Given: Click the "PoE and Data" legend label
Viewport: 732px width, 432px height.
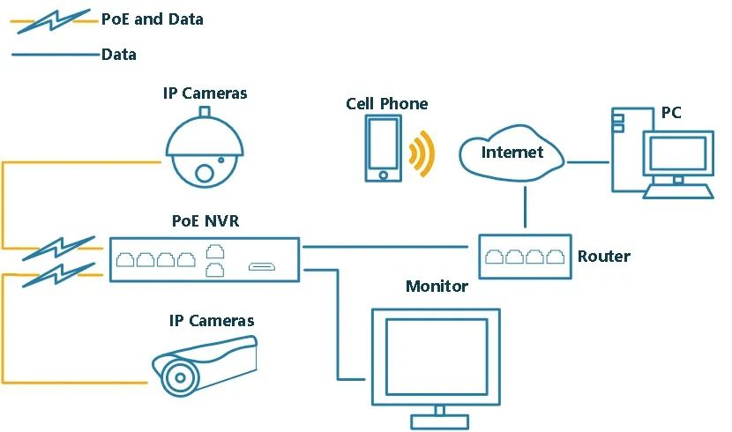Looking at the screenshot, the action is [153, 19].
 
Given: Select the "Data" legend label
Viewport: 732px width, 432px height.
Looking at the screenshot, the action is [119, 55].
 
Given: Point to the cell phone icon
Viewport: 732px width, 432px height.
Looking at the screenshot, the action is [383, 148].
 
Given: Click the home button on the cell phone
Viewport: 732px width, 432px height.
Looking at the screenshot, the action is [384, 175].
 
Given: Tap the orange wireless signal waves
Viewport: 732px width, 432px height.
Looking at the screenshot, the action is [422, 154].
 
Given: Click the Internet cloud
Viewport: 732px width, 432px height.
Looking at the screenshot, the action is [512, 153].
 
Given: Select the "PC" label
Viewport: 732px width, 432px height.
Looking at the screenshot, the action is [671, 113].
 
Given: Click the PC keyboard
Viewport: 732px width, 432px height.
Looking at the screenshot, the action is [678, 191].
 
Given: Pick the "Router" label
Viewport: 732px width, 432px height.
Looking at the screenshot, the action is [604, 257].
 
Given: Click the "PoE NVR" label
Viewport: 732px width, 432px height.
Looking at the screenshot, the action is [205, 220].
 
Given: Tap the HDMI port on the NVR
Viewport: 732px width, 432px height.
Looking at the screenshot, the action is [262, 267].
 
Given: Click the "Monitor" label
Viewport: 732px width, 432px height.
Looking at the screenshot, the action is [437, 286].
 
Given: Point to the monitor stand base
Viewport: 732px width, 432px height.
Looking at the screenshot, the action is [440, 422].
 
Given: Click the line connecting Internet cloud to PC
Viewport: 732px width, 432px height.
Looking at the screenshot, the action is [587, 162].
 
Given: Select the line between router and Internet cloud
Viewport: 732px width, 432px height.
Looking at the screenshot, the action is [526, 207].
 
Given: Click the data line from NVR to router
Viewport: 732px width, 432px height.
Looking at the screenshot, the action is [385, 247].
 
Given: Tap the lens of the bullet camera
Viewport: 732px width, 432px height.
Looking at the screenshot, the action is [180, 378].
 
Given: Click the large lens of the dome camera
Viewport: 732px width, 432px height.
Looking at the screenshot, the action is [205, 174].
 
